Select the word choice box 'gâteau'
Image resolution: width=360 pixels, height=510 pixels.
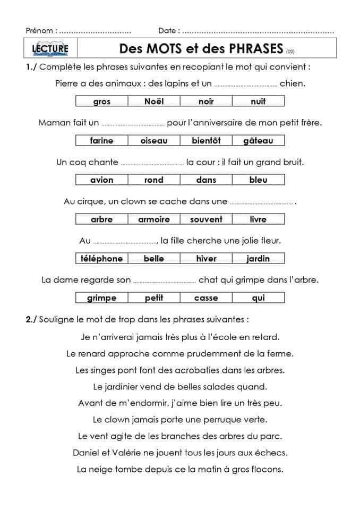pyautogui.click(x=258, y=141)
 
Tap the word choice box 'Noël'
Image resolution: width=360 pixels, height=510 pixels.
pyautogui.click(x=154, y=101)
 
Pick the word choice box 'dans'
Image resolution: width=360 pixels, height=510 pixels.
pyautogui.click(x=206, y=180)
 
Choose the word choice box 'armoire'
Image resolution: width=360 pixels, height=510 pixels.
pyautogui.click(x=154, y=219)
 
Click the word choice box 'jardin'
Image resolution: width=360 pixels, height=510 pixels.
pyautogui.click(x=258, y=259)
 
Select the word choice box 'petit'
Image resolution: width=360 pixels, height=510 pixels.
pyautogui.click(x=154, y=298)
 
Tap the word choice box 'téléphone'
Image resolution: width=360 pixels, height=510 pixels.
pyautogui.click(x=102, y=259)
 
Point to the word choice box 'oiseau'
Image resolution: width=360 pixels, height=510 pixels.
pyautogui.click(x=154, y=141)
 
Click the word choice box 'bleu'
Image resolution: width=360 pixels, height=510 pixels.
pyautogui.click(x=258, y=180)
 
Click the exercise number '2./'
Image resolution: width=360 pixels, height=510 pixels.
pyautogui.click(x=31, y=319)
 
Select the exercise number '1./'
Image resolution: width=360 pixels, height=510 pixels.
pyautogui.click(x=31, y=67)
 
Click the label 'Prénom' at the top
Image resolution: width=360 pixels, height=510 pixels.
pyautogui.click(x=39, y=31)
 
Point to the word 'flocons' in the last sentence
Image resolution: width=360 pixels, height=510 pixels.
pyautogui.click(x=268, y=469)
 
